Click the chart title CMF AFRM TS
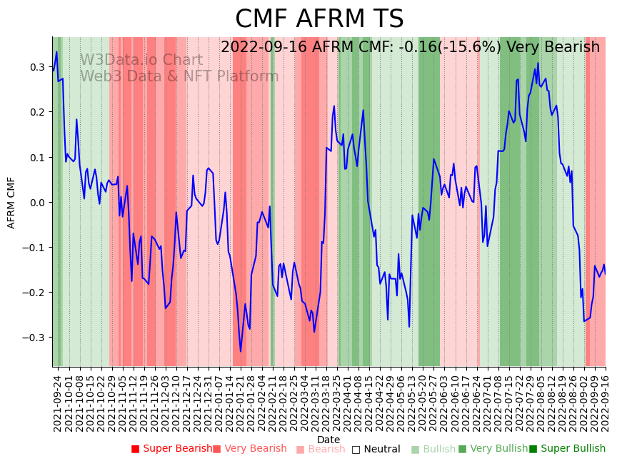(319, 19)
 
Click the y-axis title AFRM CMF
(11, 203)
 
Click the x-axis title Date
(328, 440)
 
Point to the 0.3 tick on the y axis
(36, 67)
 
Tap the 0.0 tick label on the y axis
(36, 203)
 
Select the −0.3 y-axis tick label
(34, 338)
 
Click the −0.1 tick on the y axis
(34, 248)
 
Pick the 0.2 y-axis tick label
(36, 112)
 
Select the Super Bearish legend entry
(171, 449)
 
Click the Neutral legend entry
(376, 449)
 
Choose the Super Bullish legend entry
(567, 449)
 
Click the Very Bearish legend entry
(249, 449)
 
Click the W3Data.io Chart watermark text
(141, 61)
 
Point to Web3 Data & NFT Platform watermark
(179, 76)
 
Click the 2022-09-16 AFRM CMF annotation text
(410, 48)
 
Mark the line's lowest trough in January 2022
(241, 351)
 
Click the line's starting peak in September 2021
(56, 52)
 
